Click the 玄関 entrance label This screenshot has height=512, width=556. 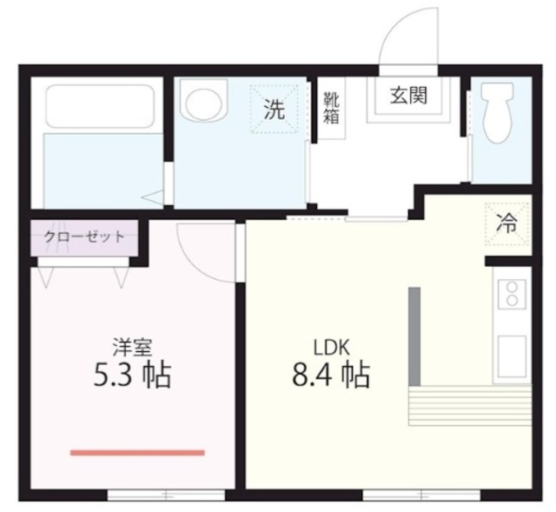[408, 96]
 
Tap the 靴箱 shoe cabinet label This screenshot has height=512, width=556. [331, 108]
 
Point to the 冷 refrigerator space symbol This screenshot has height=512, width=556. [506, 224]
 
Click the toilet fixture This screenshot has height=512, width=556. [497, 113]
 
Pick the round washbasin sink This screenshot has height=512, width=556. [203, 100]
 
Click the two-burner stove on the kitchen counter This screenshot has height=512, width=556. [512, 295]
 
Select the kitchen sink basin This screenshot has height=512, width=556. [512, 356]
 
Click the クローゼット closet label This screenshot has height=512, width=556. [84, 236]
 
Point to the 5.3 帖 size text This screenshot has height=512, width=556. [132, 375]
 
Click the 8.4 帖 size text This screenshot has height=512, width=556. [331, 375]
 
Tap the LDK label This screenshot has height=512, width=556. [332, 348]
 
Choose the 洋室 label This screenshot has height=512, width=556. [132, 348]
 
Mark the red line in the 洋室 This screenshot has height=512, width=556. [137, 452]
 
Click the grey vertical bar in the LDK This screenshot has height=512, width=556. [414, 336]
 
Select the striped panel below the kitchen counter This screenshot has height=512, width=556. [470, 406]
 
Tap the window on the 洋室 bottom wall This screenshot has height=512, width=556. [166, 495]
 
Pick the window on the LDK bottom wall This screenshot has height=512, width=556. [421, 495]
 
